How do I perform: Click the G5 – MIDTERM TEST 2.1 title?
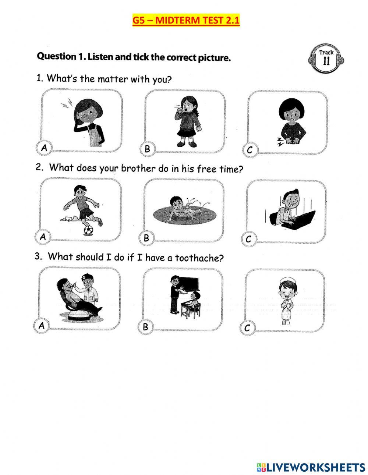(186, 20)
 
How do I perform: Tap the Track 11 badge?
(326, 58)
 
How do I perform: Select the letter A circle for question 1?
(44, 148)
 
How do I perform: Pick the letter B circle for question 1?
(148, 149)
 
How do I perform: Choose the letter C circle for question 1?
(250, 150)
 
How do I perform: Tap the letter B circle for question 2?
(146, 238)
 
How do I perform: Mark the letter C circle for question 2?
(248, 239)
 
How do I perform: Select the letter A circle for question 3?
(42, 325)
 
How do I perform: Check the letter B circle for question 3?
(145, 326)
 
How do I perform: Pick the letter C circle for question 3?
(247, 327)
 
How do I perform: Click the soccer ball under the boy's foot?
(88, 230)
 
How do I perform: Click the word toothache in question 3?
(199, 258)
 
